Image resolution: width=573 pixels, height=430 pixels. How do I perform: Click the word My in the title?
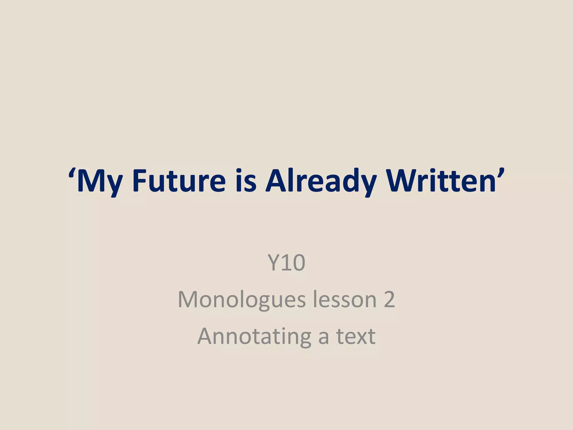click(x=99, y=181)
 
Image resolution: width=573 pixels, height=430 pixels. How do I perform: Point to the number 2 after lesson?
click(x=389, y=300)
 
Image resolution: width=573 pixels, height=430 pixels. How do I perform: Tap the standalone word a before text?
click(x=323, y=337)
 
